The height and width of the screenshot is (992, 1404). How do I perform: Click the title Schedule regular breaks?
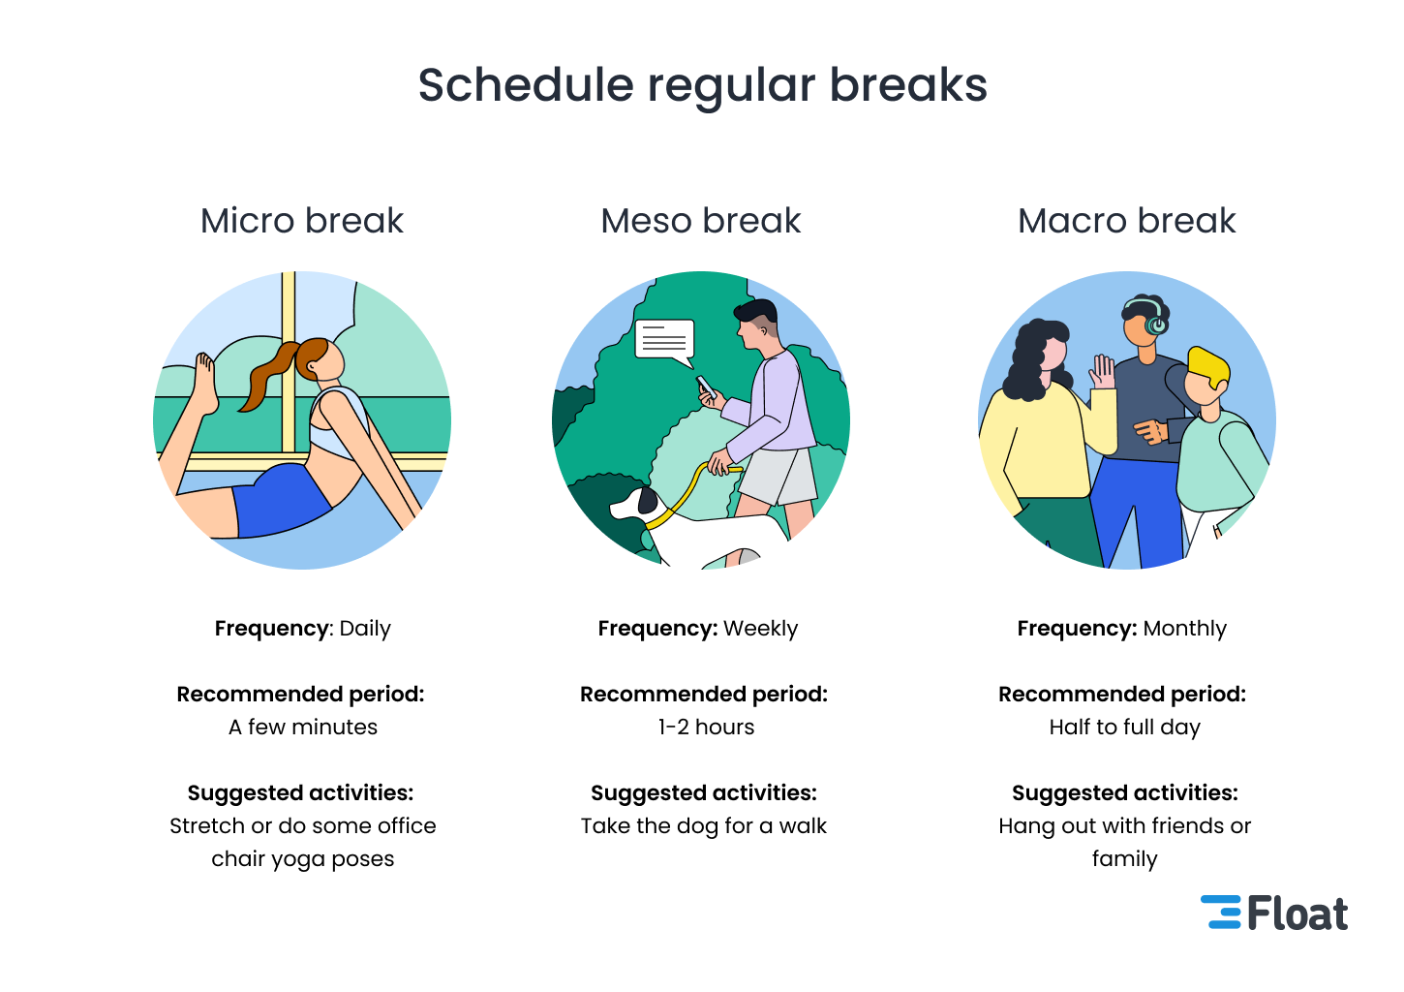[703, 86]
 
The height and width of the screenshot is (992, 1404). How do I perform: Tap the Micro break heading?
[301, 221]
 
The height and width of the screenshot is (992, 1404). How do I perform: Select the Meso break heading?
[701, 221]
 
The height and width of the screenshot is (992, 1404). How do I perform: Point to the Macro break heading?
[1126, 221]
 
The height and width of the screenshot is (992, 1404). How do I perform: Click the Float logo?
[1273, 913]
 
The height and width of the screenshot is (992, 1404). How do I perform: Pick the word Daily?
[365, 629]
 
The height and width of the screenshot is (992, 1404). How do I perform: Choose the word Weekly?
[760, 629]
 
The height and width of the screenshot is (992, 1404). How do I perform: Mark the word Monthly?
[1184, 629]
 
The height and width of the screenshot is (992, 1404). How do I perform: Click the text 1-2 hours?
[706, 727]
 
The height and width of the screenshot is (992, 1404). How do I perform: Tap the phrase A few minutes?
[303, 727]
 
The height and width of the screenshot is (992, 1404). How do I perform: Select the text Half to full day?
[1125, 728]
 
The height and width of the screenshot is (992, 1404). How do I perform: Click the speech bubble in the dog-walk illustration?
[664, 342]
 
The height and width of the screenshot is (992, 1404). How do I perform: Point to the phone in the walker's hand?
[706, 387]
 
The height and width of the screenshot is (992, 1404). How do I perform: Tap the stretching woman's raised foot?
[205, 383]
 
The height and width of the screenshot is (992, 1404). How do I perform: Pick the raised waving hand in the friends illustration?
[1103, 371]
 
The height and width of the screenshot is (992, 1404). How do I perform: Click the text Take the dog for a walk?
[703, 826]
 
